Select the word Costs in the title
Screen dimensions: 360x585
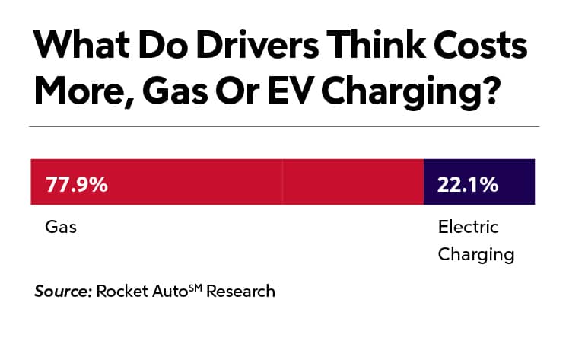(486, 49)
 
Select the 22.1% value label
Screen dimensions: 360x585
(468, 183)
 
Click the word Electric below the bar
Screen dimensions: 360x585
(468, 227)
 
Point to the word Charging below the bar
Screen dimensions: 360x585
(476, 253)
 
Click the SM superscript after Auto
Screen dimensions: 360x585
(193, 287)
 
